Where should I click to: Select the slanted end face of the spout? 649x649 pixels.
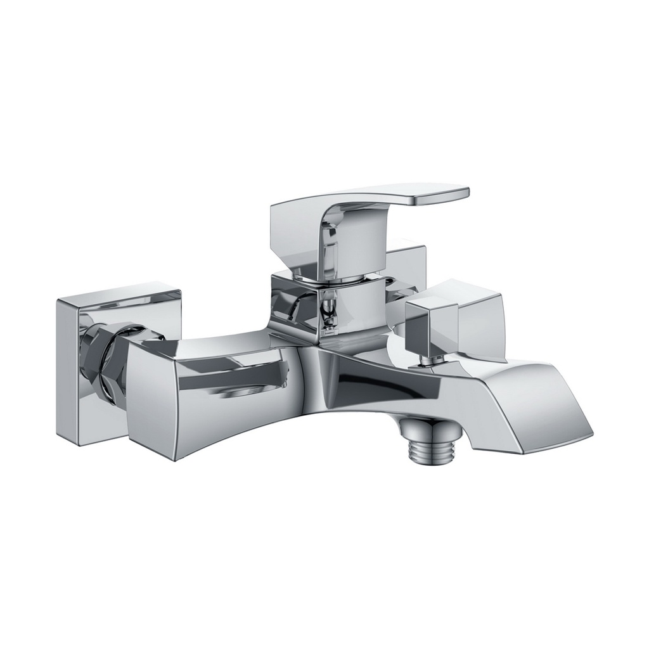(558, 412)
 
